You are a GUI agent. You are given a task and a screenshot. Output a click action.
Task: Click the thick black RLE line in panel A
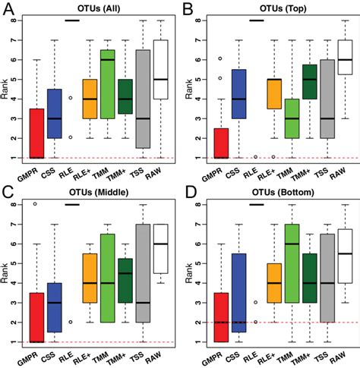click(x=73, y=20)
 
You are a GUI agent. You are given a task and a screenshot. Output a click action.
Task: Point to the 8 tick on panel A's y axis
click(x=25, y=20)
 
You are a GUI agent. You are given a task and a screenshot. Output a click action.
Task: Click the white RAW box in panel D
click(x=344, y=267)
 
